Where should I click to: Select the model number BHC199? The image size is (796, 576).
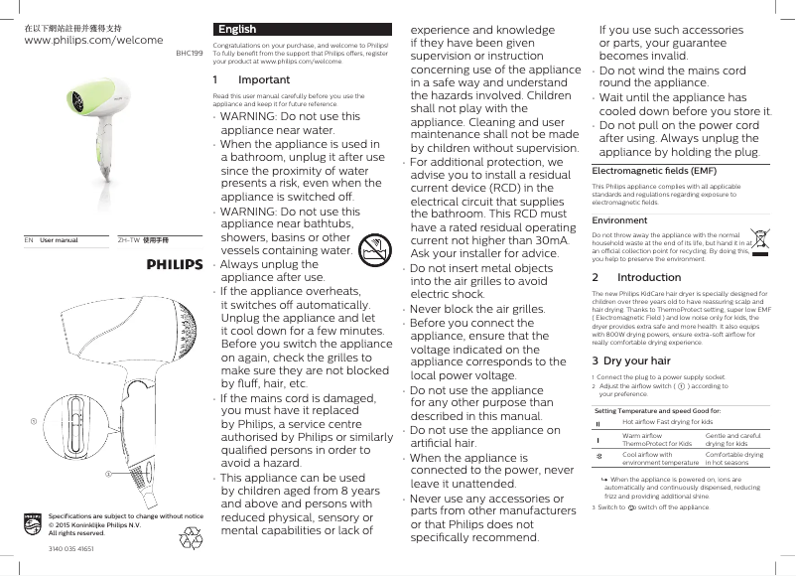[x=190, y=54]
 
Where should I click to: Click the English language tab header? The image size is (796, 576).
[x=237, y=29]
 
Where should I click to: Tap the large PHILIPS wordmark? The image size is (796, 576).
[x=175, y=264]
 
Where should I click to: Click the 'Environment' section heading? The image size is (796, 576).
[x=619, y=220]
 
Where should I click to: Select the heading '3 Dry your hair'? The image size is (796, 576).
[x=631, y=360]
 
